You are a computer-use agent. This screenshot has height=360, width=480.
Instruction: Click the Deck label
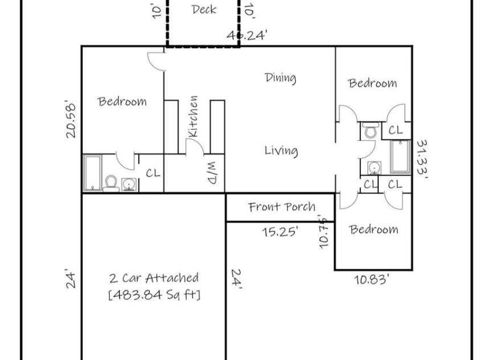(204, 9)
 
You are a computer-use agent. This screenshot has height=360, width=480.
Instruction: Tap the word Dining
(280, 77)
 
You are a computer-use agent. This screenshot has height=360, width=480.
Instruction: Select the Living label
(281, 151)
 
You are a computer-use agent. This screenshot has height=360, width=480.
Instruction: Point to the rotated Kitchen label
(194, 116)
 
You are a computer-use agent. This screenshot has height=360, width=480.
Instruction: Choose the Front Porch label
(282, 207)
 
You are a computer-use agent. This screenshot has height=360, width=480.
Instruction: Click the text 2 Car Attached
(154, 278)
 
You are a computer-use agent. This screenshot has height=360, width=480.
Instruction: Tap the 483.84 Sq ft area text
(154, 295)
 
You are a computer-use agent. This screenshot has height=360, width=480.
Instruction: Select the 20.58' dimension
(71, 118)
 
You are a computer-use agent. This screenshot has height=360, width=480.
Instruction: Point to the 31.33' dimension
(422, 159)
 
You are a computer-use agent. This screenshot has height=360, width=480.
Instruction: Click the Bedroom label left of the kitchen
(122, 102)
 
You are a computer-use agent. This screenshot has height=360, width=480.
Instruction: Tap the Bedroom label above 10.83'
(374, 230)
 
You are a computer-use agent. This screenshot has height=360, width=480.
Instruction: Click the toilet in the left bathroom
(111, 182)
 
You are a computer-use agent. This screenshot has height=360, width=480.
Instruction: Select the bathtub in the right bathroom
(400, 157)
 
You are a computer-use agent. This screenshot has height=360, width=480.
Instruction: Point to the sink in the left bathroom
(129, 183)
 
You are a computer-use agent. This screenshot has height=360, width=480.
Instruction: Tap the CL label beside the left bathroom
(153, 173)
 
